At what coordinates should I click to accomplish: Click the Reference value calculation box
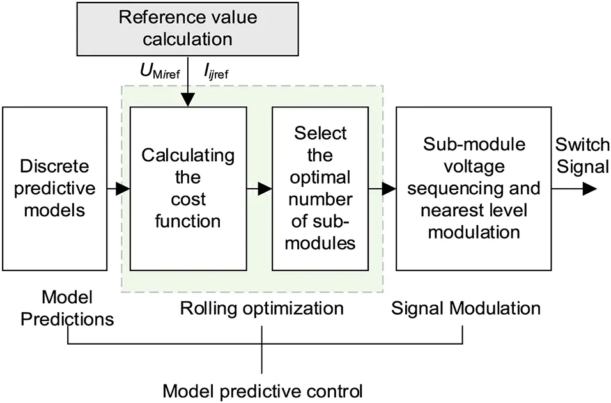pos(188,29)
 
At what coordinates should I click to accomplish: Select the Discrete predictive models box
pos(54,189)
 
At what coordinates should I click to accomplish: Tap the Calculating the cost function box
pos(188,189)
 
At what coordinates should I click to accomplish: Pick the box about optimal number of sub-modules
pos(320,189)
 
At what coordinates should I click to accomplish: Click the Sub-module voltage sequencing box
pos(474,189)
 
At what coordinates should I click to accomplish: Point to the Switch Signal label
pos(581,155)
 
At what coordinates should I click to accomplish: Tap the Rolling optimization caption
pos(261,308)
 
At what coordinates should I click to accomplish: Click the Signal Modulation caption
pos(466,308)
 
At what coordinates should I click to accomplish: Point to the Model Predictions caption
pos(67,308)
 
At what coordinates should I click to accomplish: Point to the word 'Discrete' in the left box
pos(54,168)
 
